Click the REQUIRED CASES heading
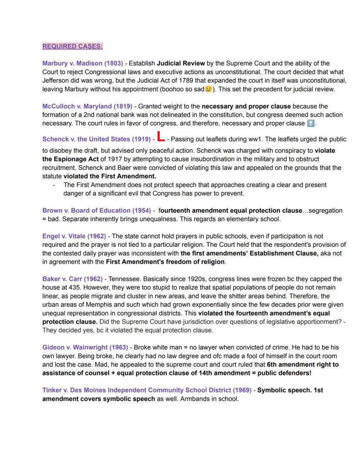click(x=73, y=46)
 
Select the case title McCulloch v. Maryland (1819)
click(x=87, y=106)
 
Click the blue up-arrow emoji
click(x=310, y=124)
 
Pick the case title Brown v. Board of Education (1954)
click(x=96, y=211)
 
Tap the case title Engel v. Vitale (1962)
click(x=74, y=236)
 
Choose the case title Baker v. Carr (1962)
click(x=72, y=279)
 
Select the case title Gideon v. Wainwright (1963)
click(x=85, y=347)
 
